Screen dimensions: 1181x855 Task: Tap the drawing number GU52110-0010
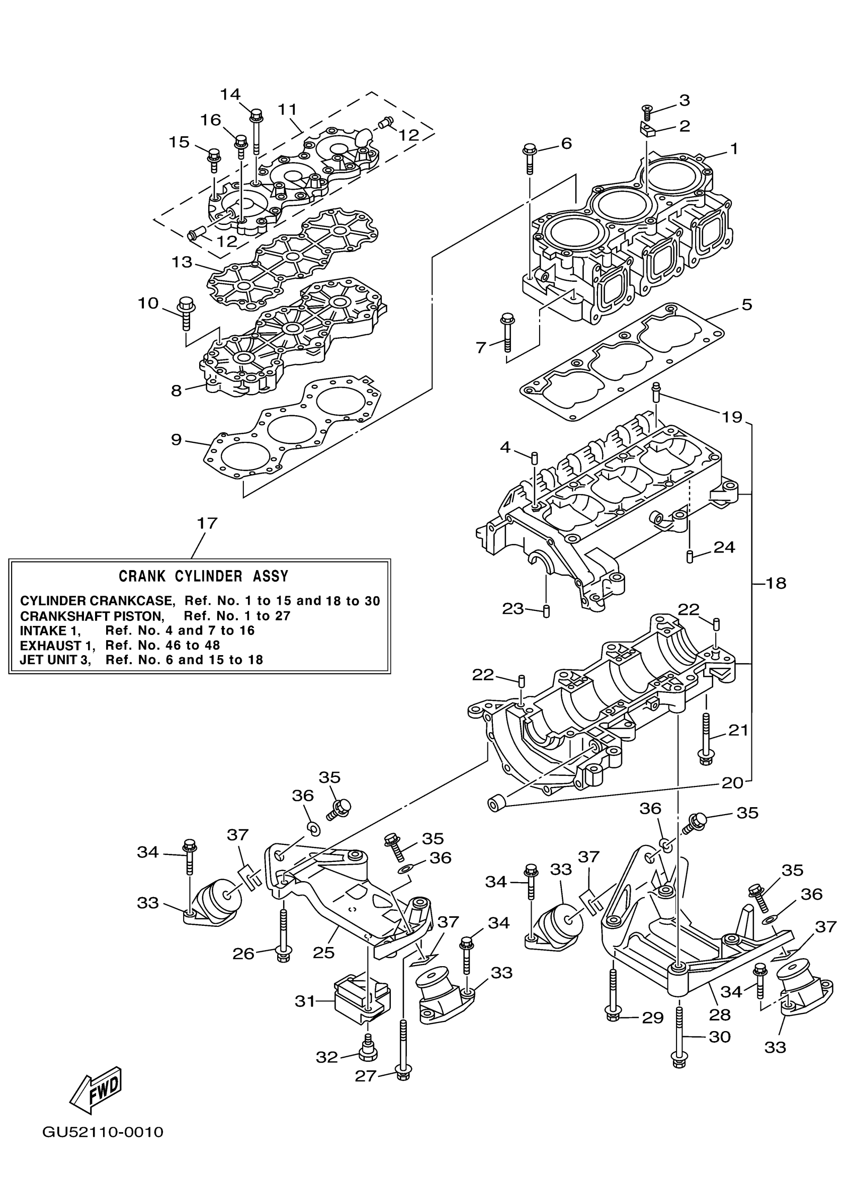point(103,1146)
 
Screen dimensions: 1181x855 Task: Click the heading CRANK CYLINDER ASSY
point(203,577)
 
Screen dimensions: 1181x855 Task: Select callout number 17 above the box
point(207,523)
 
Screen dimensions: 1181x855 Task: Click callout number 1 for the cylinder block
point(733,149)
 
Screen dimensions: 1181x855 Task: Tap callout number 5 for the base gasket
point(746,304)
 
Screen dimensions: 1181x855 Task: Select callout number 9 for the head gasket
point(177,439)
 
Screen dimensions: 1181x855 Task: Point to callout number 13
point(182,262)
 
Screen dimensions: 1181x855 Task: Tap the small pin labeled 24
point(689,556)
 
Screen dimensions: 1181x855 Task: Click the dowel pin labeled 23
point(546,610)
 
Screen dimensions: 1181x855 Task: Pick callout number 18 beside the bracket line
point(776,583)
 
